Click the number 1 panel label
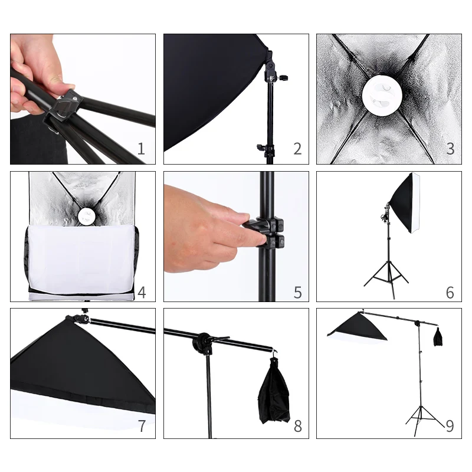(141, 149)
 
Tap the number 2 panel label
(297, 149)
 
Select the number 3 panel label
(450, 149)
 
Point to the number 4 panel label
(142, 292)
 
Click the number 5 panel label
(298, 292)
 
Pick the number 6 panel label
(450, 292)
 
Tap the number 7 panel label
(142, 426)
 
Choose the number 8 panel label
(298, 426)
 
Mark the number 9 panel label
(450, 426)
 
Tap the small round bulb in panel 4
(85, 215)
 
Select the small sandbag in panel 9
(438, 336)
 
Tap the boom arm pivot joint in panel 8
(203, 342)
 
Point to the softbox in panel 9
(358, 327)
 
